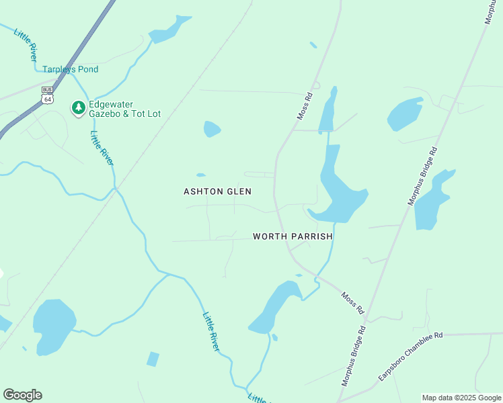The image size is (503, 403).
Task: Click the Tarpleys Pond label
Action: (70, 69)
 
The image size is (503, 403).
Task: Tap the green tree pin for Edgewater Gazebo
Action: (79, 107)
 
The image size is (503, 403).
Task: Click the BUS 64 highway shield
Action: (47, 95)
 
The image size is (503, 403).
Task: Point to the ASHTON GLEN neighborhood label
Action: (217, 191)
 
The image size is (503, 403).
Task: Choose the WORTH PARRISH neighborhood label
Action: (293, 236)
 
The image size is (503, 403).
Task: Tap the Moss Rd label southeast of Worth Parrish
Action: (352, 303)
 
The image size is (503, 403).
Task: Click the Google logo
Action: (22, 395)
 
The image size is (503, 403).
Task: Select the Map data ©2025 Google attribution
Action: (461, 398)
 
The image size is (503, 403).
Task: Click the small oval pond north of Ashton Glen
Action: (212, 128)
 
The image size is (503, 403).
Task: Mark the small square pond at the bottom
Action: (153, 359)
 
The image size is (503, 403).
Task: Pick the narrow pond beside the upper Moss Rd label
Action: (327, 111)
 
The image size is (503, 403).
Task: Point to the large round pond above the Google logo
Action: (54, 326)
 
